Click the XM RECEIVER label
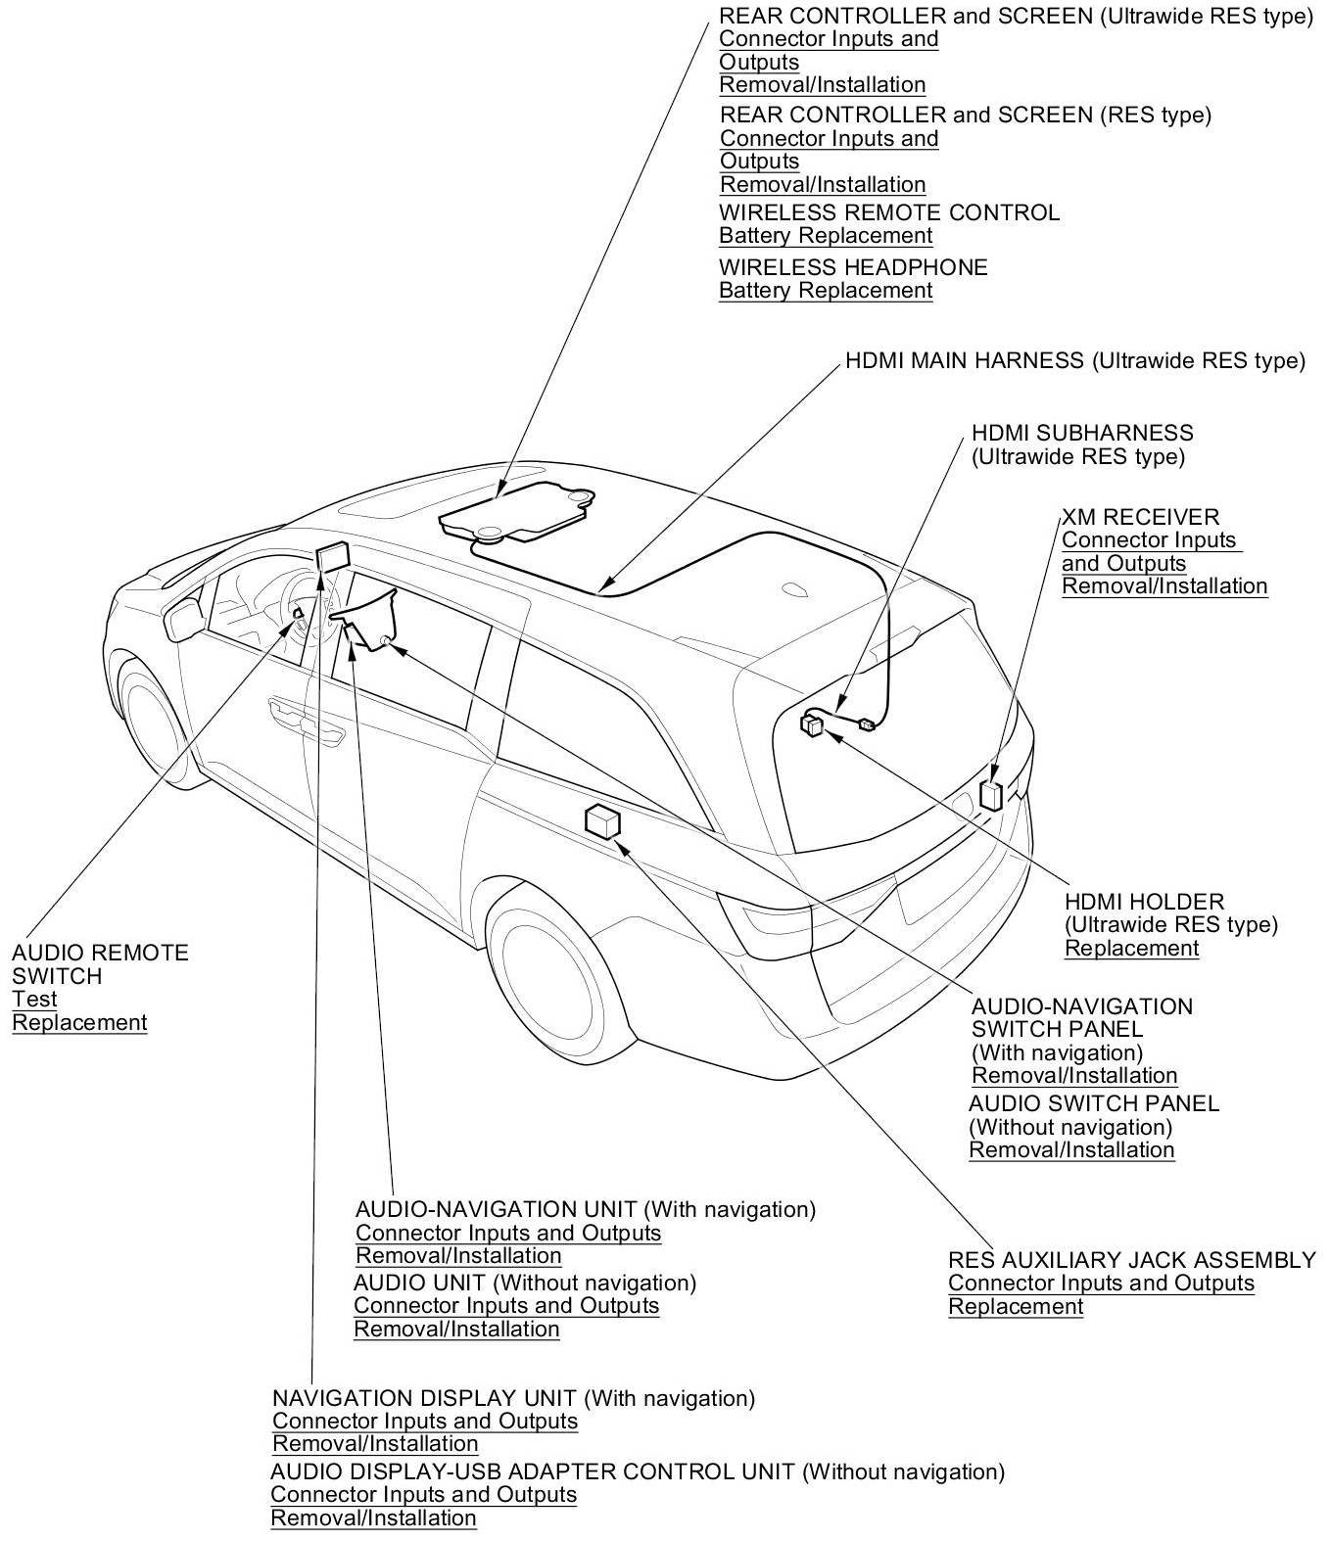[1140, 516]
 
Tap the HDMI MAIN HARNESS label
[1074, 360]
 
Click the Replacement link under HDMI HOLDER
[1131, 948]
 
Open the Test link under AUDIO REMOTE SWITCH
[34, 999]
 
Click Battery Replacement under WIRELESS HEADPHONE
[825, 290]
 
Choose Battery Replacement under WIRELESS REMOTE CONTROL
[825, 235]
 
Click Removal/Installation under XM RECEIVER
[1164, 585]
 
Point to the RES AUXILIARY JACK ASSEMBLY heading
[1131, 1259]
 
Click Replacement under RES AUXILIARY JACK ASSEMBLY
[1015, 1306]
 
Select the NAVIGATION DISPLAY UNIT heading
[512, 1397]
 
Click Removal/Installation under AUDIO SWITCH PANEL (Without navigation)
[1070, 1149]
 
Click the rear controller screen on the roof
[516, 512]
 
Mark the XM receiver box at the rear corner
[991, 793]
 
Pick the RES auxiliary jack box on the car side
[601, 820]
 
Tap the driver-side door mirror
[184, 619]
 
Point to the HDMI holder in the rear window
[812, 724]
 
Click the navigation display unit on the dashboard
[332, 555]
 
